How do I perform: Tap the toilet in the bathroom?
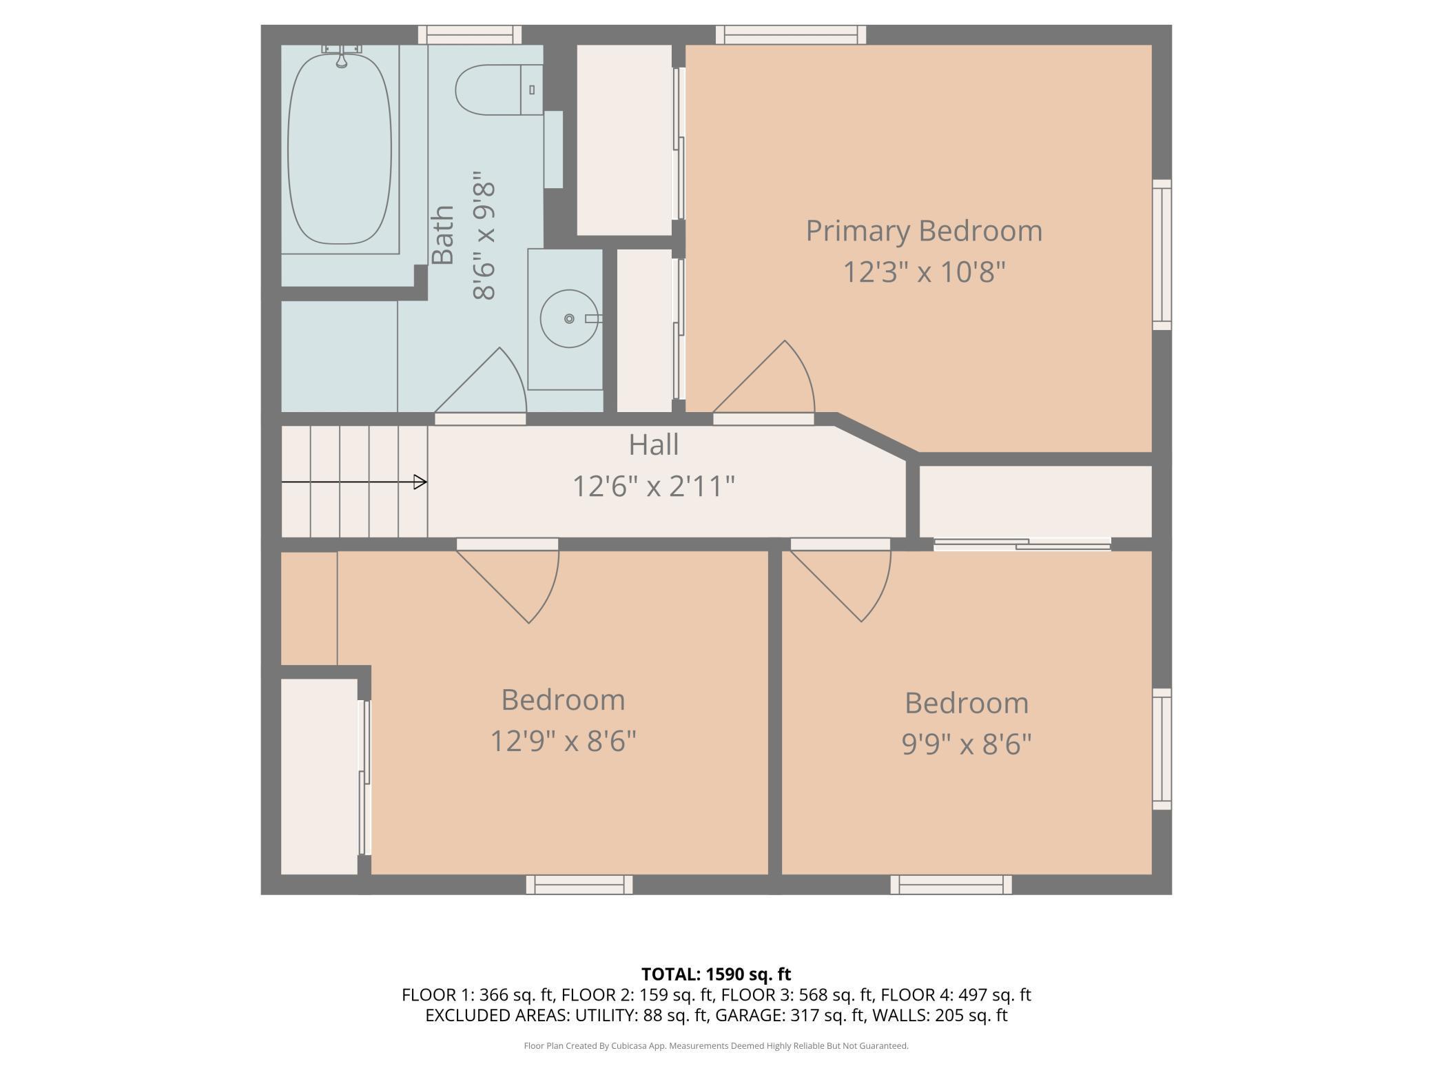click(x=499, y=90)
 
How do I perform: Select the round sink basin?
click(x=569, y=318)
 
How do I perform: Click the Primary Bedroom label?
click(x=924, y=231)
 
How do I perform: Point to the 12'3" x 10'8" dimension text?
click(x=924, y=272)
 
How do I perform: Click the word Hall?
click(x=653, y=444)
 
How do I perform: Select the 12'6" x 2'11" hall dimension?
click(x=654, y=486)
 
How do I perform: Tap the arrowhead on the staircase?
click(x=420, y=482)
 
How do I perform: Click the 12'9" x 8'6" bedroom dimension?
click(x=563, y=741)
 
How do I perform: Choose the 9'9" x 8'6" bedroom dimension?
click(x=967, y=744)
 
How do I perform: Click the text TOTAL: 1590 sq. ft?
click(x=716, y=974)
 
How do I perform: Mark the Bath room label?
click(x=443, y=235)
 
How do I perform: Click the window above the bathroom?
click(x=470, y=34)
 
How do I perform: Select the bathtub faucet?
click(x=341, y=55)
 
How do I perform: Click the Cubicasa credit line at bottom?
click(x=716, y=1046)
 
